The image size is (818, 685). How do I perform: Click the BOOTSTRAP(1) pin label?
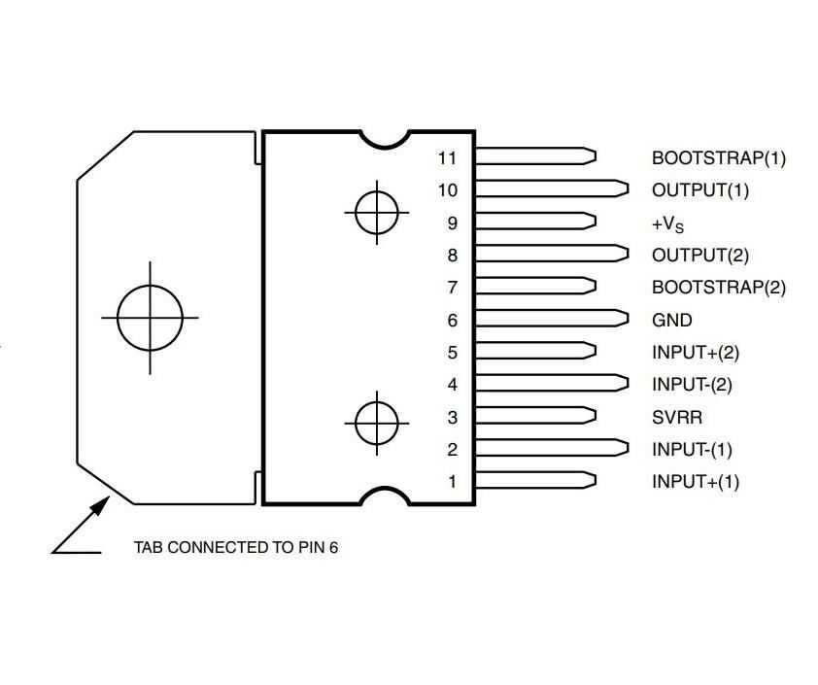[718, 157]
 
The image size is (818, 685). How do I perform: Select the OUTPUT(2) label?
[700, 256]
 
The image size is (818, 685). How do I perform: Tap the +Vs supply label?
[667, 223]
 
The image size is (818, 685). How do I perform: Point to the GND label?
[672, 320]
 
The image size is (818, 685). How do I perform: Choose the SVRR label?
[677, 417]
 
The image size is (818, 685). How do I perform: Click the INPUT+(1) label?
[696, 481]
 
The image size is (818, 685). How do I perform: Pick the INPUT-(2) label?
[692, 385]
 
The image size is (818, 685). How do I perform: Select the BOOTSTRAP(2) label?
[718, 287]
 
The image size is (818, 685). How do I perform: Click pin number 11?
[447, 157]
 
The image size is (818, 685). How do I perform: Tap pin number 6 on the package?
[453, 320]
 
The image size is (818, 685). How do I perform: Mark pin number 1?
[453, 481]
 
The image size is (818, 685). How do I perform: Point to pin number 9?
[453, 223]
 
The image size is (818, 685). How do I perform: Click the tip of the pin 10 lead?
[629, 188]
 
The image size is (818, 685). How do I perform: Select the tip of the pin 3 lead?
[596, 415]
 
